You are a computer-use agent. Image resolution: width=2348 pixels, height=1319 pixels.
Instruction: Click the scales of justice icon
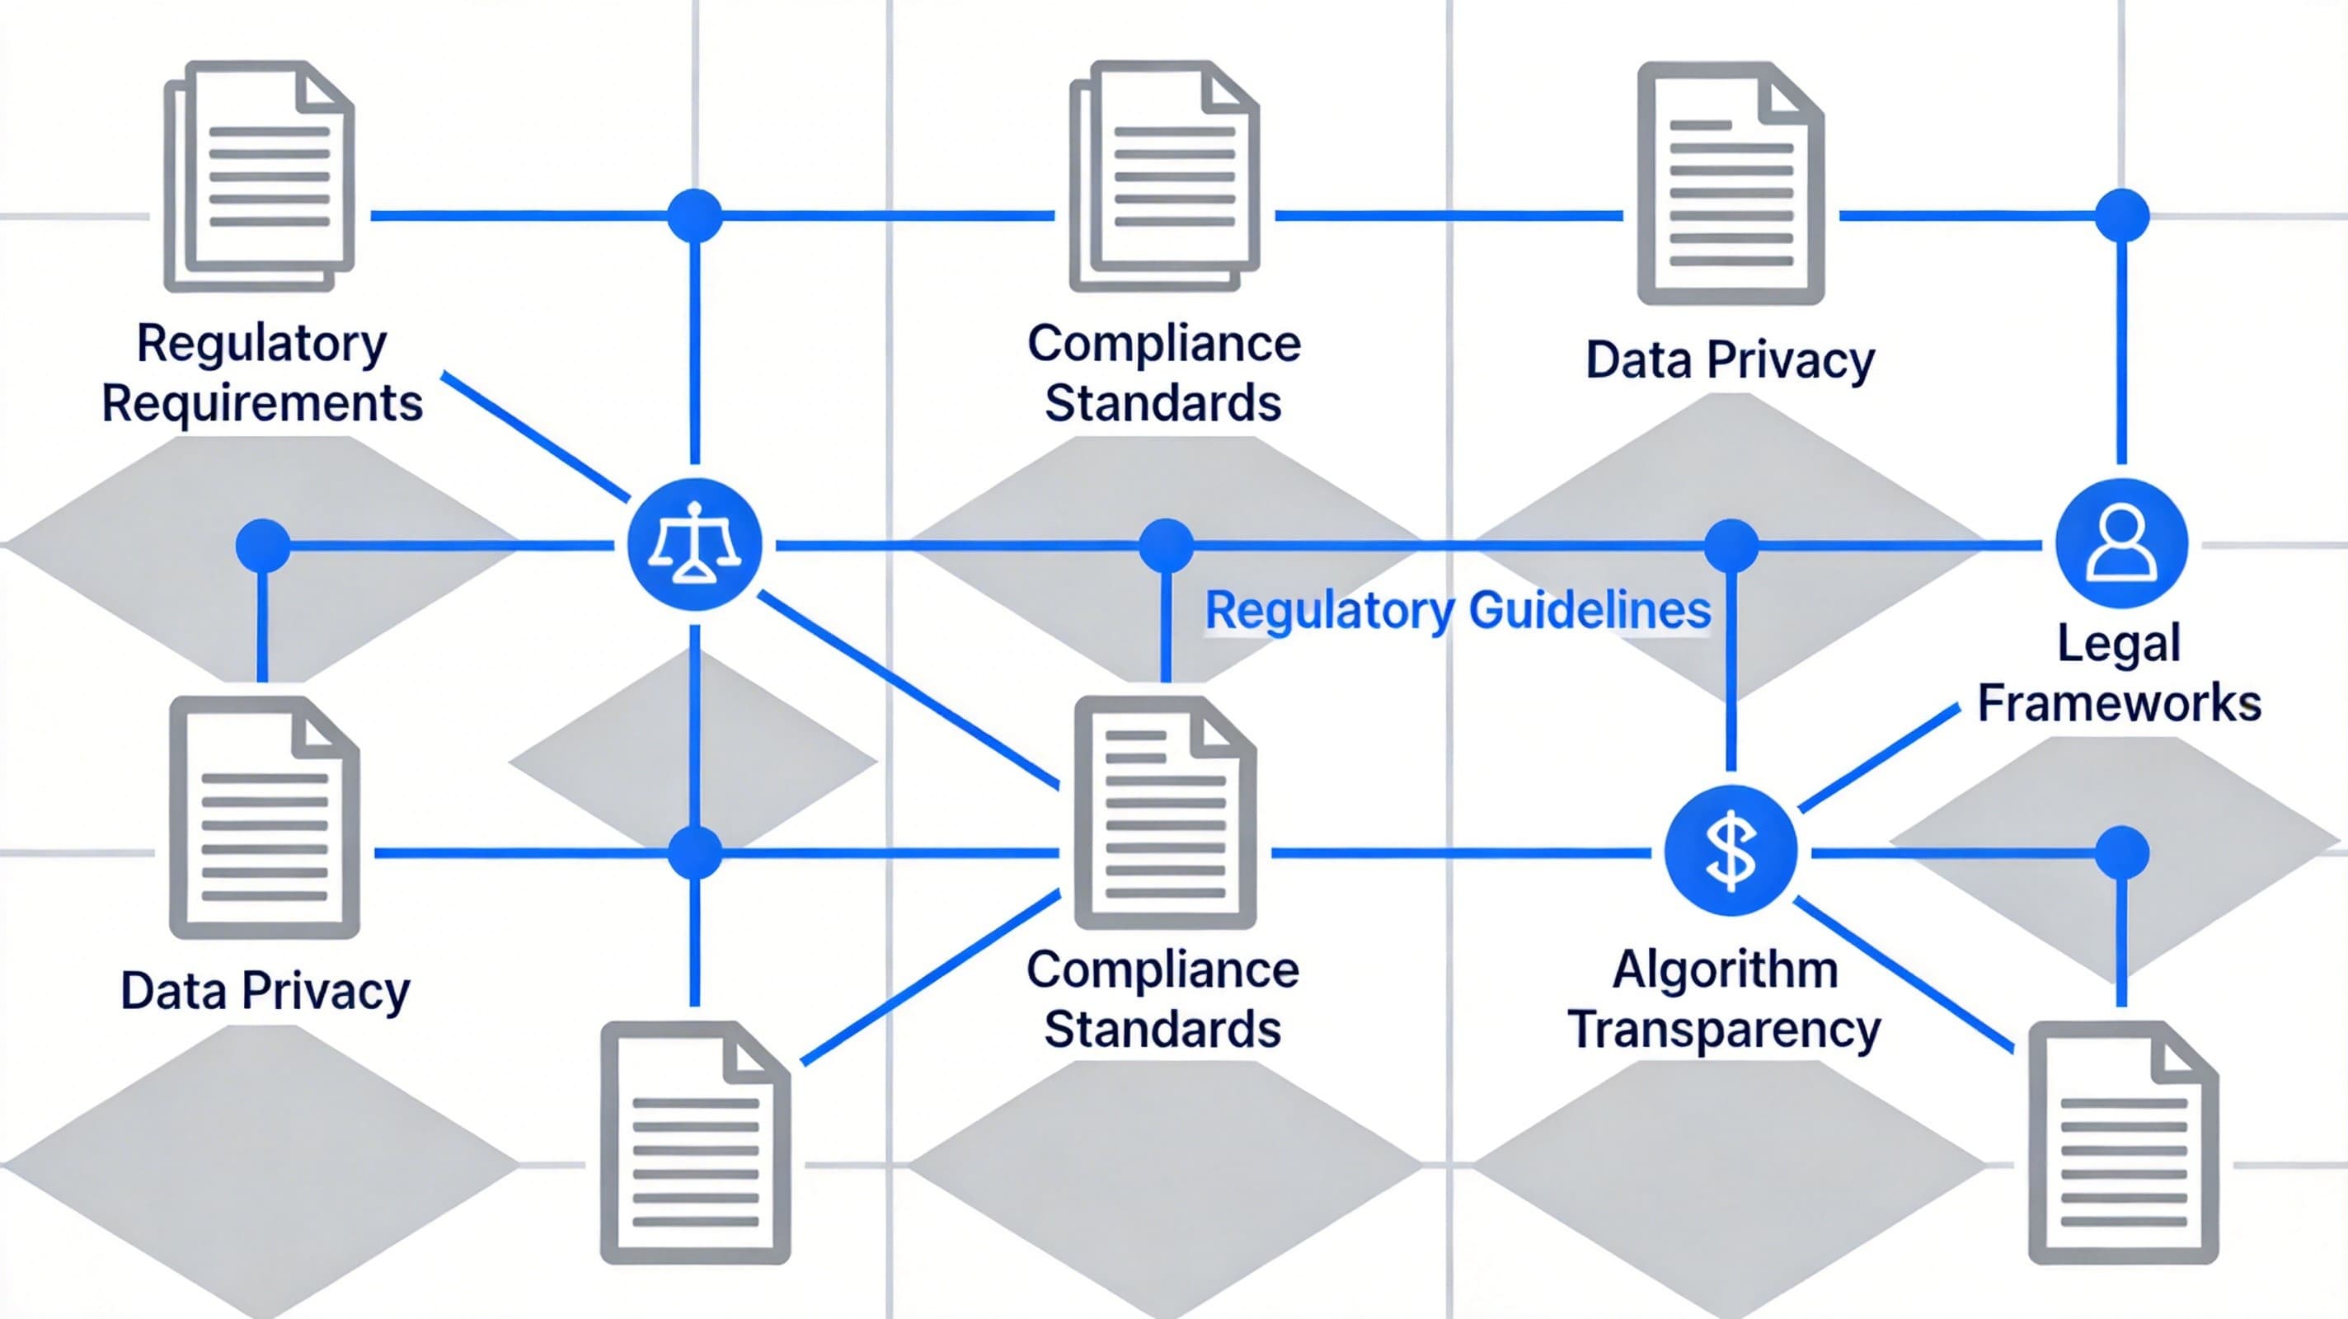pyautogui.click(x=694, y=544)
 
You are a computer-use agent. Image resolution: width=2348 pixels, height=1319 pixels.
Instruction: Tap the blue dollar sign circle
pyautogui.click(x=1730, y=852)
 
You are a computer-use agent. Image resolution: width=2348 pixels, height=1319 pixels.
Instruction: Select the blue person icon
pyautogui.click(x=2121, y=543)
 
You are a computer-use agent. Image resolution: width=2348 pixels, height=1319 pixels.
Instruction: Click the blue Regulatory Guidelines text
pyautogui.click(x=1458, y=610)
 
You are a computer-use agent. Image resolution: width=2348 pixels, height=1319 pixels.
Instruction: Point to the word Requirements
pyautogui.click(x=262, y=403)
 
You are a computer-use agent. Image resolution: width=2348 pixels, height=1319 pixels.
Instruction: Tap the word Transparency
pyautogui.click(x=1725, y=1029)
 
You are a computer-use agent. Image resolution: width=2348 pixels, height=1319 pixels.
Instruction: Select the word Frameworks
pyautogui.click(x=2119, y=703)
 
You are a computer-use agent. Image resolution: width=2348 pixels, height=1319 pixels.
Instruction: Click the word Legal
pyautogui.click(x=2119, y=643)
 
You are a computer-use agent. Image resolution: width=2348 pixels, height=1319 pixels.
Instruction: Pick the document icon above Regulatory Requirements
pyautogui.click(x=260, y=176)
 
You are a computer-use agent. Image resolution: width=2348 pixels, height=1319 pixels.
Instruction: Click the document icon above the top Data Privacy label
pyautogui.click(x=1730, y=182)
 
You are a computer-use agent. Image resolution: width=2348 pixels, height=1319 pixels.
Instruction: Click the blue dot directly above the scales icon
pyautogui.click(x=694, y=216)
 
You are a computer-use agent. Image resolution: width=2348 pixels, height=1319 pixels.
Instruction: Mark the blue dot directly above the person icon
pyautogui.click(x=2122, y=216)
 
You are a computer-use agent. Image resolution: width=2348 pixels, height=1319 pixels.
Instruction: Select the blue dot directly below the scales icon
pyautogui.click(x=694, y=852)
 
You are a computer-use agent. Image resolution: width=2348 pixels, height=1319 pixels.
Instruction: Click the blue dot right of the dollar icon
pyautogui.click(x=2122, y=852)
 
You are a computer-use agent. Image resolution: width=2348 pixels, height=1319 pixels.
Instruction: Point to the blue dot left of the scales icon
pyautogui.click(x=262, y=545)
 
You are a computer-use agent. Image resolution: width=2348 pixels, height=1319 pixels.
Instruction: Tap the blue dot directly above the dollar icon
pyautogui.click(x=1730, y=545)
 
